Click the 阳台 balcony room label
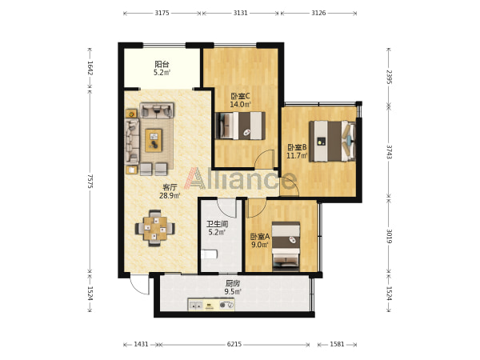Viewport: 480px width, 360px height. click(x=162, y=64)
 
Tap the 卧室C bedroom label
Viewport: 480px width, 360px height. click(x=240, y=96)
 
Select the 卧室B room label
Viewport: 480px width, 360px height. click(x=297, y=147)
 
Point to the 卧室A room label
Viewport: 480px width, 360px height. click(x=260, y=237)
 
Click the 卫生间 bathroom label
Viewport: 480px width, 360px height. click(x=217, y=224)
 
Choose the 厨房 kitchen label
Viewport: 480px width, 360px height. click(x=233, y=283)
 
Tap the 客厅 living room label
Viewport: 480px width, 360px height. click(x=170, y=187)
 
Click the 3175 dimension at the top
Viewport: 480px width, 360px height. click(x=162, y=13)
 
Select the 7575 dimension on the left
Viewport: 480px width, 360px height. click(x=90, y=182)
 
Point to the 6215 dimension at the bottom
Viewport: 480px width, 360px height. click(x=234, y=344)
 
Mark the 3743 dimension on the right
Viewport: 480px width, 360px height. click(x=389, y=152)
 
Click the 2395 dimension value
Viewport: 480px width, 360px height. click(x=389, y=77)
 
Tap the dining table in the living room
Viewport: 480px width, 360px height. click(x=155, y=228)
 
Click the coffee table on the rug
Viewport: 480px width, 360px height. click(x=154, y=141)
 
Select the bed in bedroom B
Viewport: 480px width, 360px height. click(x=333, y=141)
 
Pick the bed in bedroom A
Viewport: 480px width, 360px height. click(x=286, y=246)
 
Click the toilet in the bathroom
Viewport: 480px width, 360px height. click(x=209, y=254)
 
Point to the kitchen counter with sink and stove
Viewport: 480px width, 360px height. click(x=211, y=305)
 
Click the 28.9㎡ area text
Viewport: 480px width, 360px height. click(x=170, y=196)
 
